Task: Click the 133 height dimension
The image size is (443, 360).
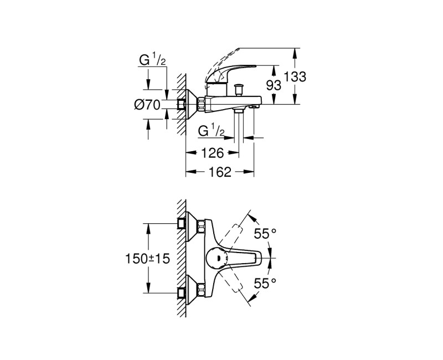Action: (295, 76)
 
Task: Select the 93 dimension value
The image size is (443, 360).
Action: (274, 85)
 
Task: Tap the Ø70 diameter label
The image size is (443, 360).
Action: (147, 105)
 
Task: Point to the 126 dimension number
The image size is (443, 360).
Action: (212, 153)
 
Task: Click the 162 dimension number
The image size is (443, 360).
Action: (219, 172)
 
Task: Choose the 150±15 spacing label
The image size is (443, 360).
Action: (147, 258)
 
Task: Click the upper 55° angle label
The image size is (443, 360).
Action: (265, 233)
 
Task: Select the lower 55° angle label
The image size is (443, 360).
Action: (265, 283)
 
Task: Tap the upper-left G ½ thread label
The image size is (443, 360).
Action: (152, 60)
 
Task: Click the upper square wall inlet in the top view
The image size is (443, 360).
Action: (182, 223)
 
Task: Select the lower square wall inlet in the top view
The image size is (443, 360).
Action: (182, 294)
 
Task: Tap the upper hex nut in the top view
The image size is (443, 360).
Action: (201, 227)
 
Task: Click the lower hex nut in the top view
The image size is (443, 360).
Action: (201, 290)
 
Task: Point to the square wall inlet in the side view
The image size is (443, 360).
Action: (182, 105)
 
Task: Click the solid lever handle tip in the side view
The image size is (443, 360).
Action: (255, 66)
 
